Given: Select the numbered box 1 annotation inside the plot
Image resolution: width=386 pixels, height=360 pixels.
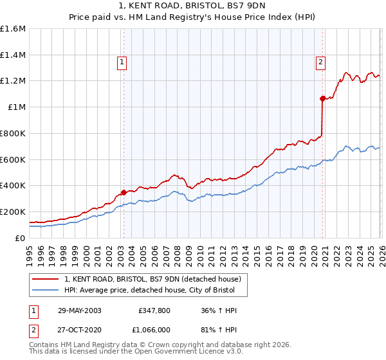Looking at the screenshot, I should pos(122,62).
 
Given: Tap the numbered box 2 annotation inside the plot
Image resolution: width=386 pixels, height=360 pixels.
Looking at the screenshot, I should pos(320,62).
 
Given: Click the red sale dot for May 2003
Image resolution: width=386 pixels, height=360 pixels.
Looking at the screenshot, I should pos(124,192).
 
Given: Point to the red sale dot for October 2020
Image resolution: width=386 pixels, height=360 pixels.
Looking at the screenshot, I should pos(322,98).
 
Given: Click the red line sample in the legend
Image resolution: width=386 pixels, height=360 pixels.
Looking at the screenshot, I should pos(46,279).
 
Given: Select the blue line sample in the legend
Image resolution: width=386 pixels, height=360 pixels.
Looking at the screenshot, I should pos(46,291).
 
